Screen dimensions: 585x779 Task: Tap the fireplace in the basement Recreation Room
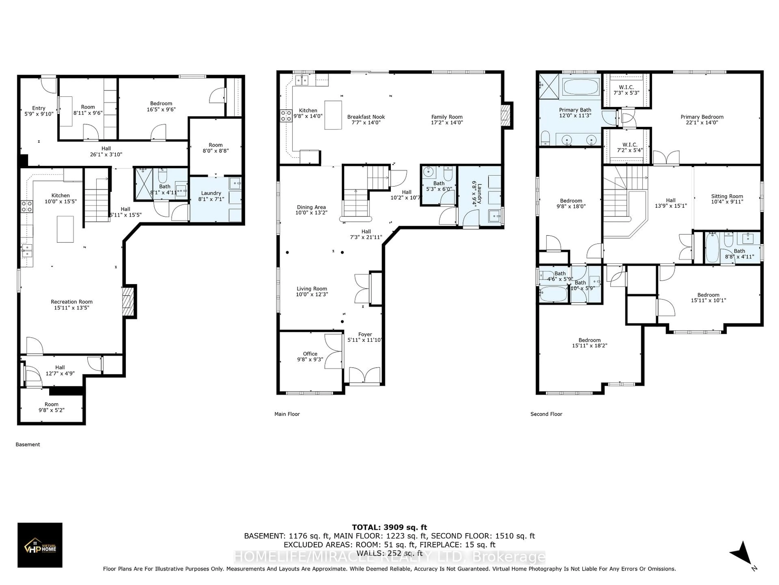point(129,301)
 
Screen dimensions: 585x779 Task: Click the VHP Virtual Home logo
point(40,545)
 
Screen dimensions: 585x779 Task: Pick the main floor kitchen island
point(333,115)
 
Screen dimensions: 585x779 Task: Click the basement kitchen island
point(65,229)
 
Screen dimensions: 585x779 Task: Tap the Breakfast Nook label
point(366,117)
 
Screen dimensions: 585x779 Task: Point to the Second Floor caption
point(546,414)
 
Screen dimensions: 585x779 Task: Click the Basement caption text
point(28,444)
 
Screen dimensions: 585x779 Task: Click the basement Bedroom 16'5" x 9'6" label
point(161,106)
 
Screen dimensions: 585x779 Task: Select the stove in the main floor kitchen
point(286,115)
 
